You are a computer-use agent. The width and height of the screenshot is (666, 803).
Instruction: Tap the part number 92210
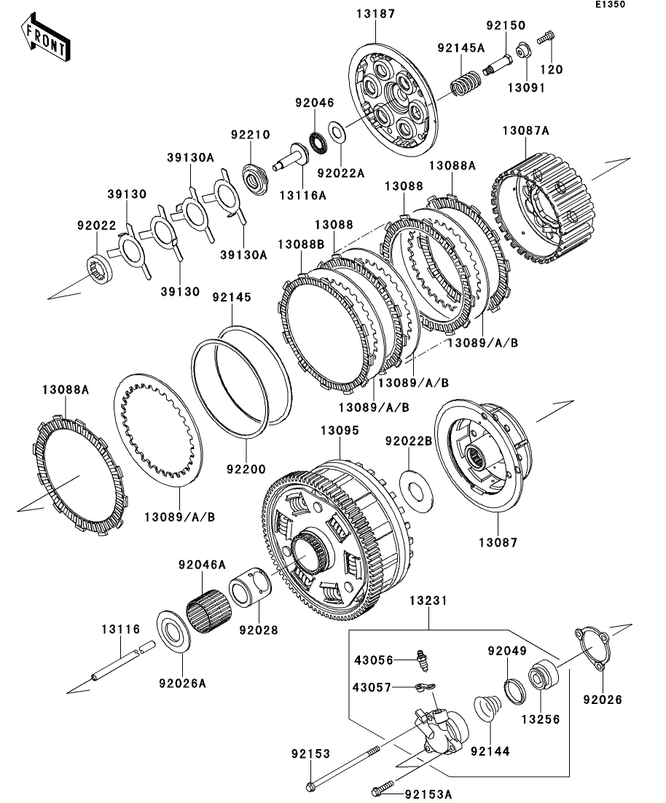click(x=251, y=135)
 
